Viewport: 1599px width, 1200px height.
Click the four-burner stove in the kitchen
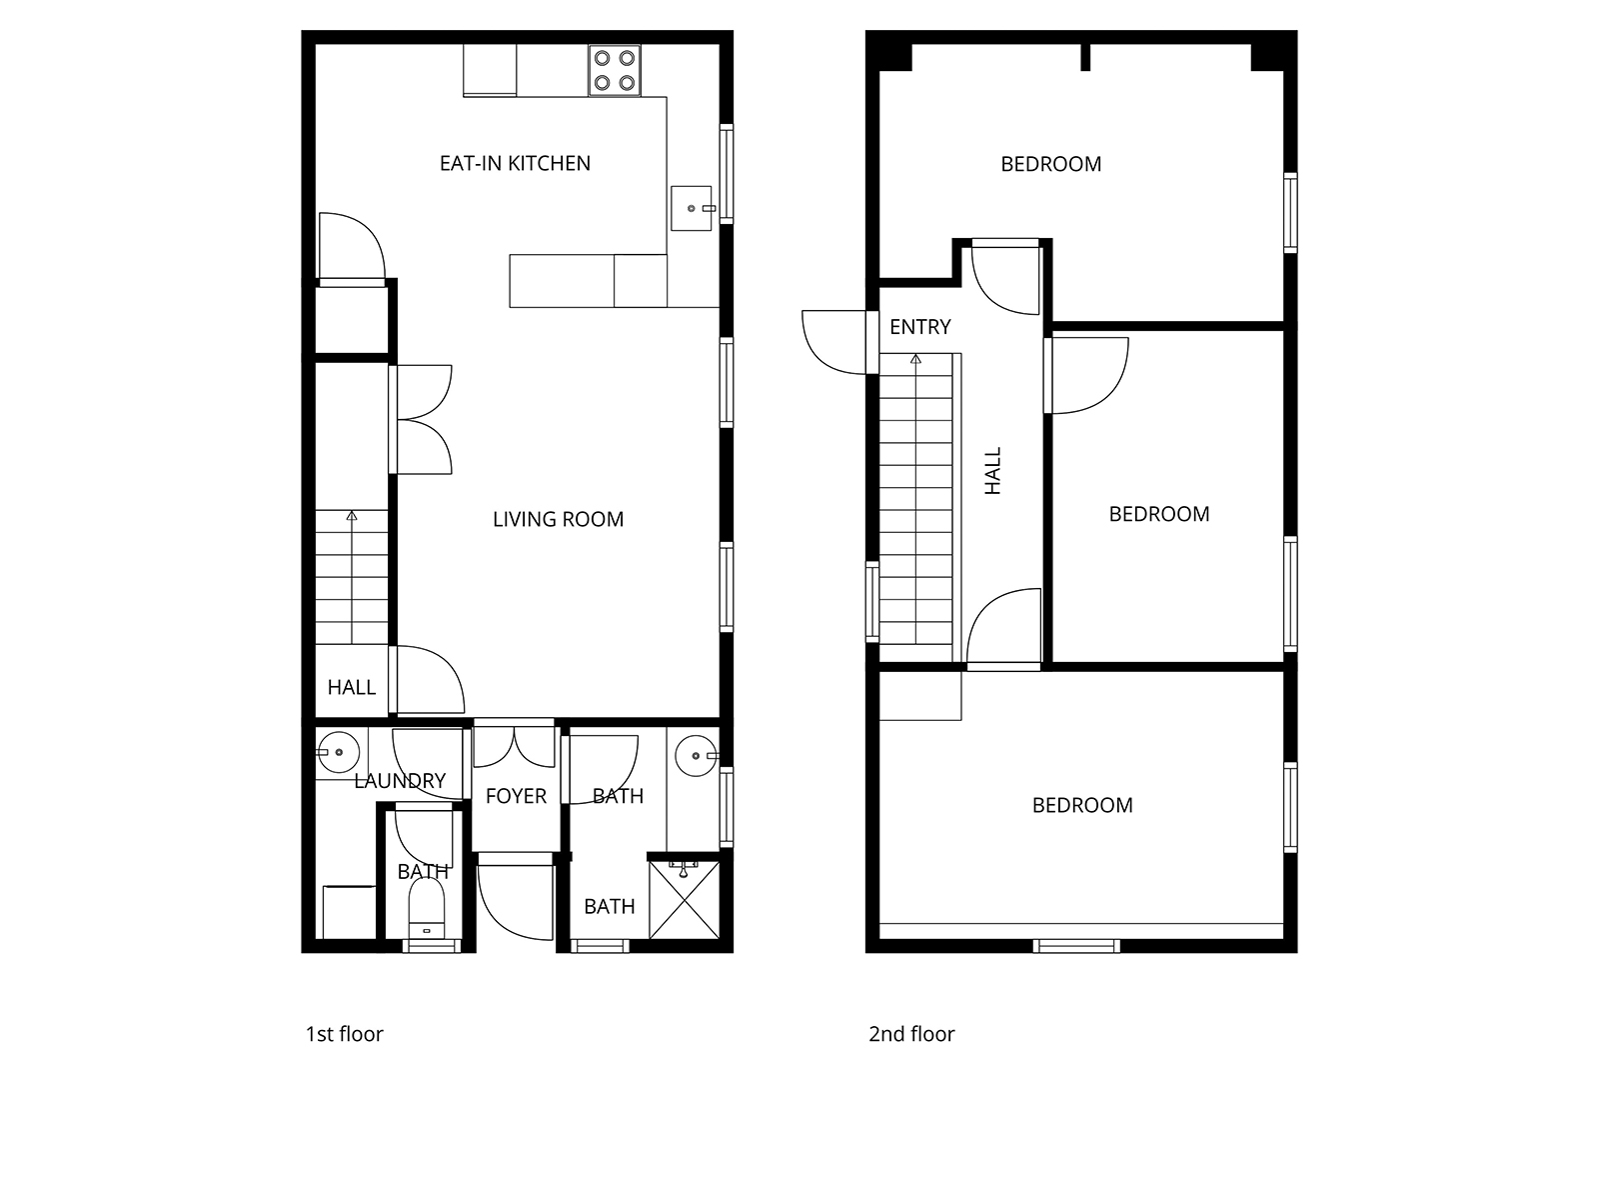[x=614, y=70]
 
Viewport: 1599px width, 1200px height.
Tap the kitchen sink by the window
[x=691, y=208]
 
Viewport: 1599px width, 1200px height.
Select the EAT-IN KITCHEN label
[x=515, y=163]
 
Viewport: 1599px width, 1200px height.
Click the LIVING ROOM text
[x=558, y=519]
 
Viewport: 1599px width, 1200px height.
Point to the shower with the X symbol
[x=684, y=900]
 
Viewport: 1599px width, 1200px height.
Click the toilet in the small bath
[x=426, y=909]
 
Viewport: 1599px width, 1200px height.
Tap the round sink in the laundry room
[x=339, y=752]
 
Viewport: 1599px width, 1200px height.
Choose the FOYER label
[x=516, y=796]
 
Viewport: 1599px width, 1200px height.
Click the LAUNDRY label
[x=400, y=781]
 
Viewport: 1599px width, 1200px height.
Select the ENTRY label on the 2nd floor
[x=920, y=327]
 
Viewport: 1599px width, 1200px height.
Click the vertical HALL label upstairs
[x=993, y=471]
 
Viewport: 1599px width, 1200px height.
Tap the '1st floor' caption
[x=344, y=1034]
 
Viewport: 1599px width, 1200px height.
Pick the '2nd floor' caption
[x=911, y=1034]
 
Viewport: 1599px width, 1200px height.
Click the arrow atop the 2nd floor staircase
[x=915, y=358]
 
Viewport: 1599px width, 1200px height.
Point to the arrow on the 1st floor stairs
[x=352, y=516]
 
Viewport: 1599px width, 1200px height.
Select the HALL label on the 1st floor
[x=351, y=687]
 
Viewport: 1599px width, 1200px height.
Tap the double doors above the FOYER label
[x=515, y=746]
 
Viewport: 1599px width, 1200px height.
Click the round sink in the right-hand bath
[x=696, y=756]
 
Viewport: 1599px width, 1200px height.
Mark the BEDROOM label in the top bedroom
[x=1050, y=165]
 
